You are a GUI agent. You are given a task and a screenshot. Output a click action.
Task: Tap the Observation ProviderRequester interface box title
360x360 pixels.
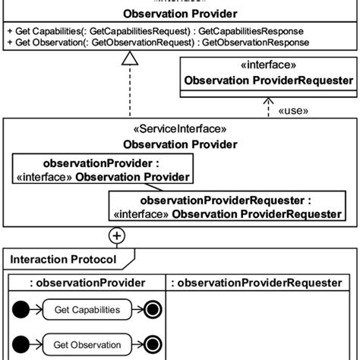pyautogui.click(x=267, y=81)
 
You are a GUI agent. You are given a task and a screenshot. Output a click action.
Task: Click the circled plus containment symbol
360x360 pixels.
pyautogui.click(x=118, y=235)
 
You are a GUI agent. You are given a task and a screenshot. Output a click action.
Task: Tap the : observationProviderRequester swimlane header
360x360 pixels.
pyautogui.click(x=255, y=283)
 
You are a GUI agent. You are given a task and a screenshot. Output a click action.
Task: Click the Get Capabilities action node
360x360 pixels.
pyautogui.click(x=87, y=310)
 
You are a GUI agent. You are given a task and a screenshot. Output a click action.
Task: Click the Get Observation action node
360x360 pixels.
pyautogui.click(x=87, y=344)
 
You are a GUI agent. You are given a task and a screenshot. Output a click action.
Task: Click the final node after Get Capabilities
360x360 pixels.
pyautogui.click(x=151, y=310)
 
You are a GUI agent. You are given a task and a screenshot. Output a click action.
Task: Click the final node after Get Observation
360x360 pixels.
pyautogui.click(x=151, y=344)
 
